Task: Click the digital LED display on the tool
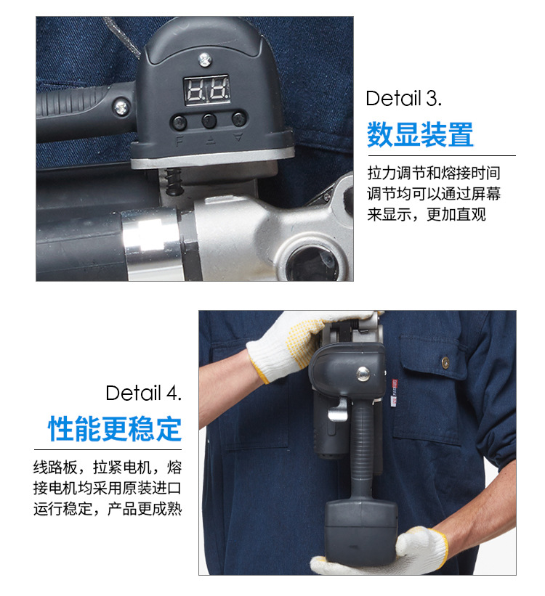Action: point(206,90)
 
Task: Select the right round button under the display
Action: point(239,119)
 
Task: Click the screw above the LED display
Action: point(205,60)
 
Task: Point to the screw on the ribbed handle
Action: point(121,107)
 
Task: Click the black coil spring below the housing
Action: point(174,181)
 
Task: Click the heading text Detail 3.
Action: point(404,99)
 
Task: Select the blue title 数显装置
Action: point(420,134)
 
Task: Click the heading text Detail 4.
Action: point(143,393)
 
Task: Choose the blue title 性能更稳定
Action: point(115,428)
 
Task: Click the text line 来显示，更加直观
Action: point(427,214)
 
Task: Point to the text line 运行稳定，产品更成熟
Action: point(108,509)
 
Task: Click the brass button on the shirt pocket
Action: point(445,362)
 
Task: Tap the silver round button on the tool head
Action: point(363,373)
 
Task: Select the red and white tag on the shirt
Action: point(394,392)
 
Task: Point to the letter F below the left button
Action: point(179,141)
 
